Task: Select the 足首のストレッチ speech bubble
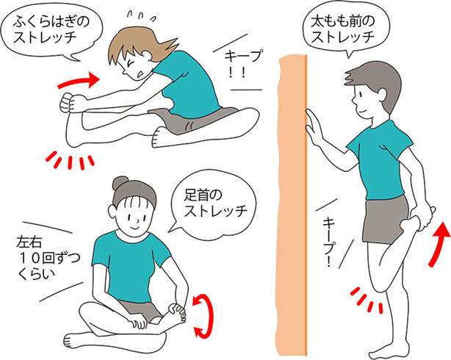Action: point(214,206)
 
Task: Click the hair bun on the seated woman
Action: point(120,183)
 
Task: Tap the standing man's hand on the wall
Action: point(314,126)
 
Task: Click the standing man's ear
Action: point(383,96)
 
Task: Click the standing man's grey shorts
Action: point(385,220)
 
